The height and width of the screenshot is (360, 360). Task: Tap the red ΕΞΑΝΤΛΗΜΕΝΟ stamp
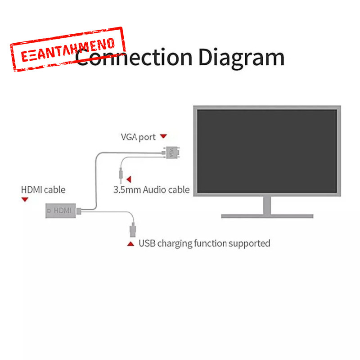(67, 49)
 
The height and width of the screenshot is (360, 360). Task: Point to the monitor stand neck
(267, 206)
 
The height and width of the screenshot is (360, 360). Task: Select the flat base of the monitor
(267, 216)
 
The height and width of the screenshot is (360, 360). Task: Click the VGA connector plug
(171, 153)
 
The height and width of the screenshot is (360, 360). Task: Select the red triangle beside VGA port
(163, 136)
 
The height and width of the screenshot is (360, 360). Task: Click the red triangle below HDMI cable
(25, 199)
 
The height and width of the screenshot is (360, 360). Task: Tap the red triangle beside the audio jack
(129, 179)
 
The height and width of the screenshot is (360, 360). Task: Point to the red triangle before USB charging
(130, 244)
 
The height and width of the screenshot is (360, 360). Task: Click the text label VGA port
(138, 137)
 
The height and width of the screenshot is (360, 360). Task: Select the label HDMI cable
(43, 189)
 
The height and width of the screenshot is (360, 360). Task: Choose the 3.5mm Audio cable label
(151, 189)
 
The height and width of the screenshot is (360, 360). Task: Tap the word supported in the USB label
(249, 243)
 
